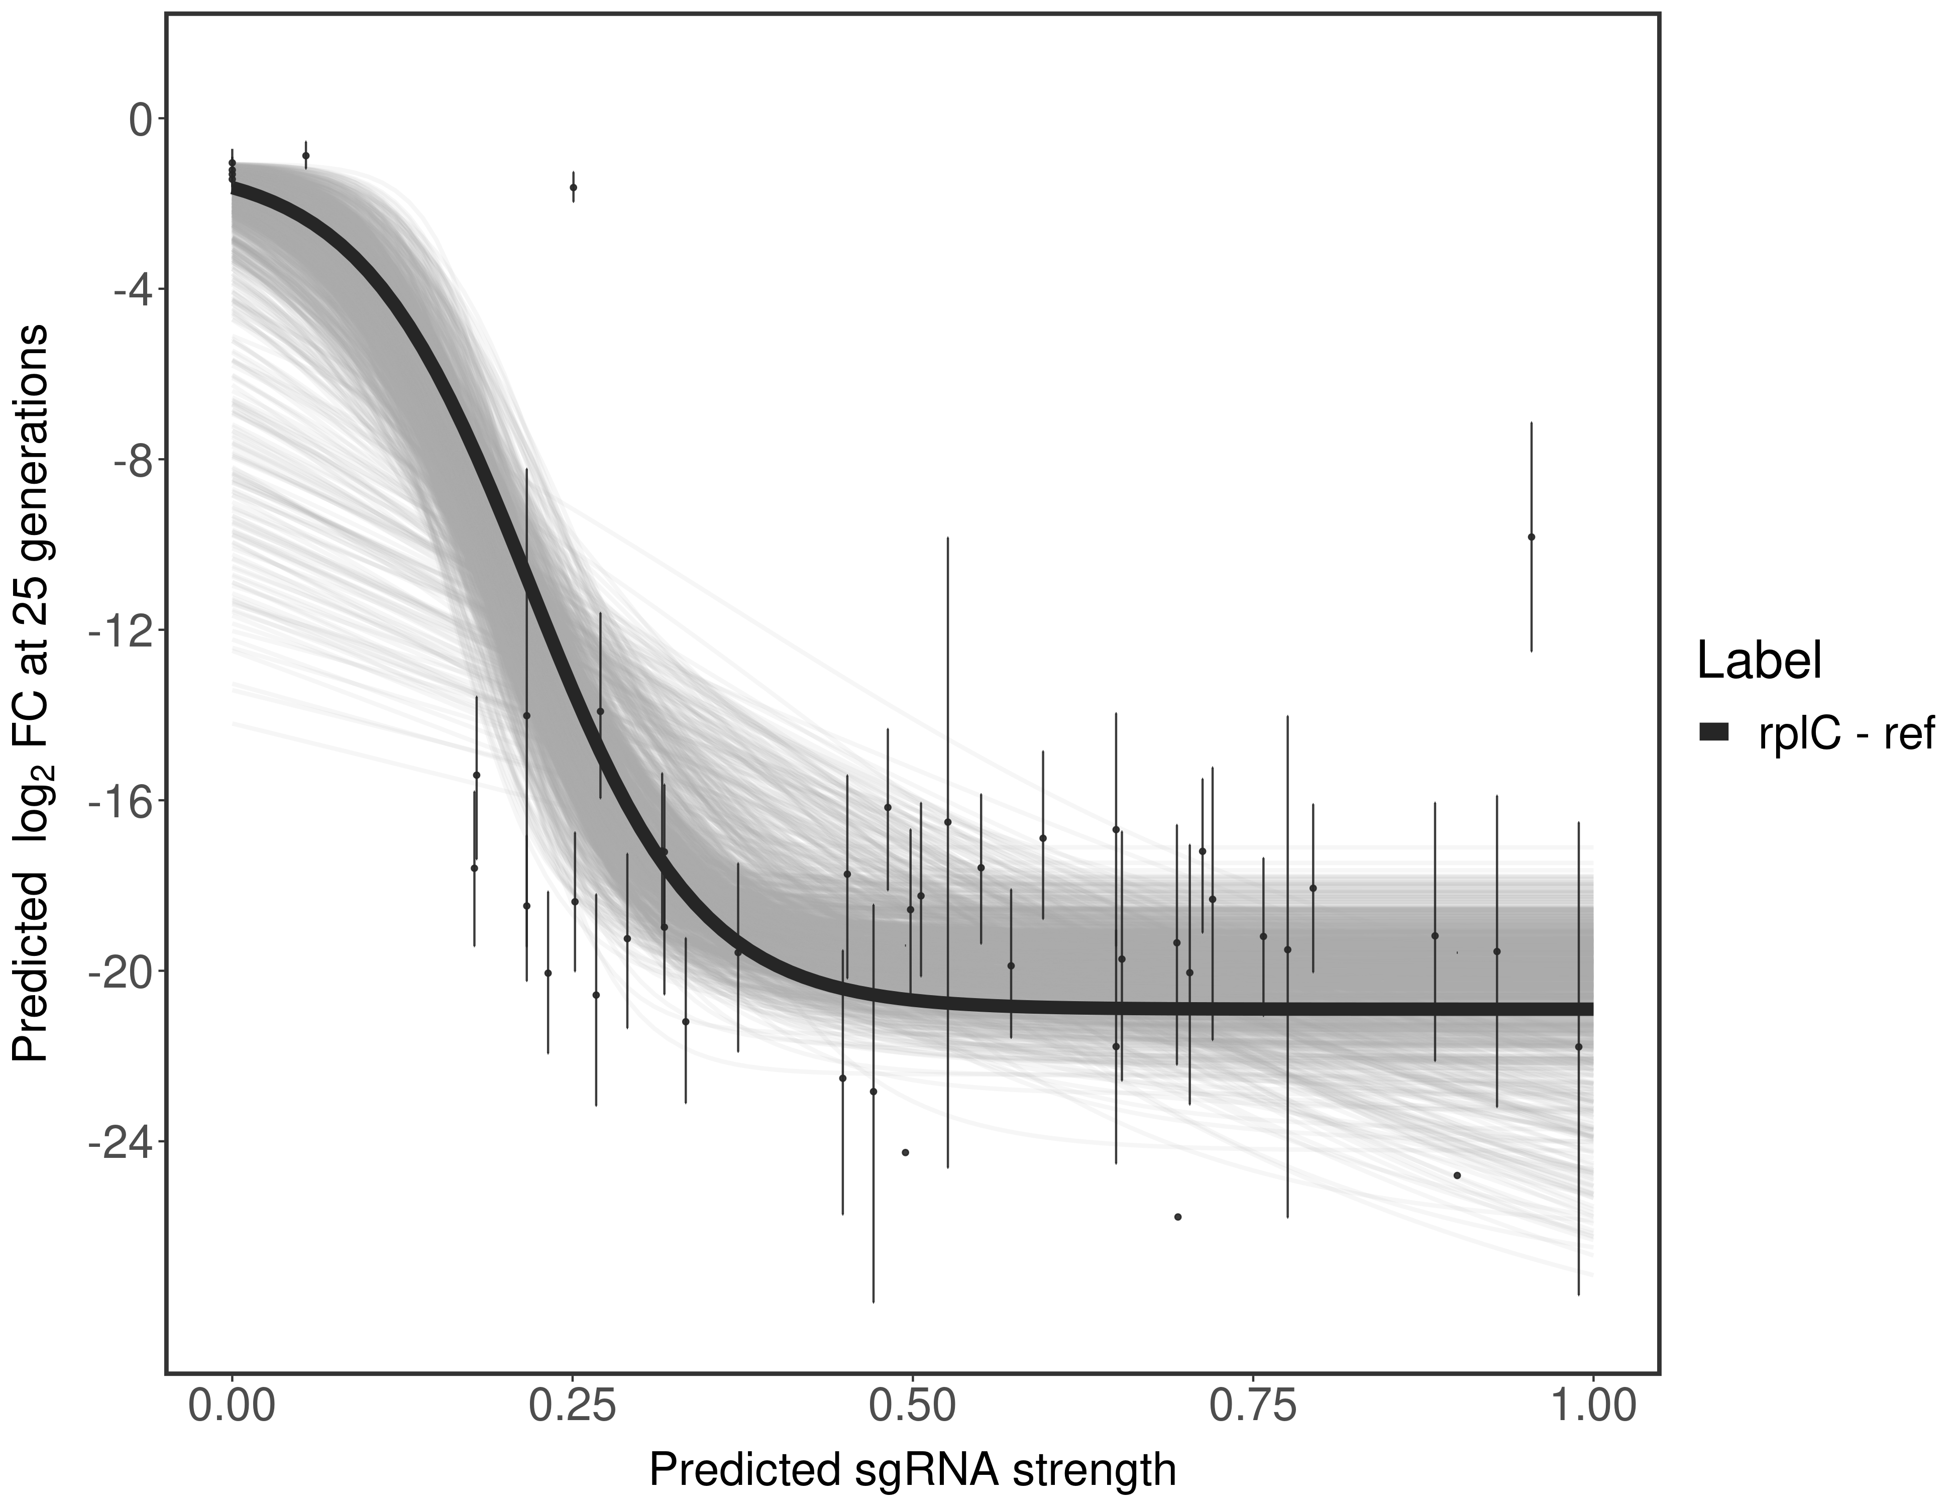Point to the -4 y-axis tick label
(128, 290)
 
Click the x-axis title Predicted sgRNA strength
(912, 1471)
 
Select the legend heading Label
(1760, 661)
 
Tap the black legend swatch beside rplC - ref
(1714, 732)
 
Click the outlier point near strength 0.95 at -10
(1531, 537)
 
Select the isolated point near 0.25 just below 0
(573, 187)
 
